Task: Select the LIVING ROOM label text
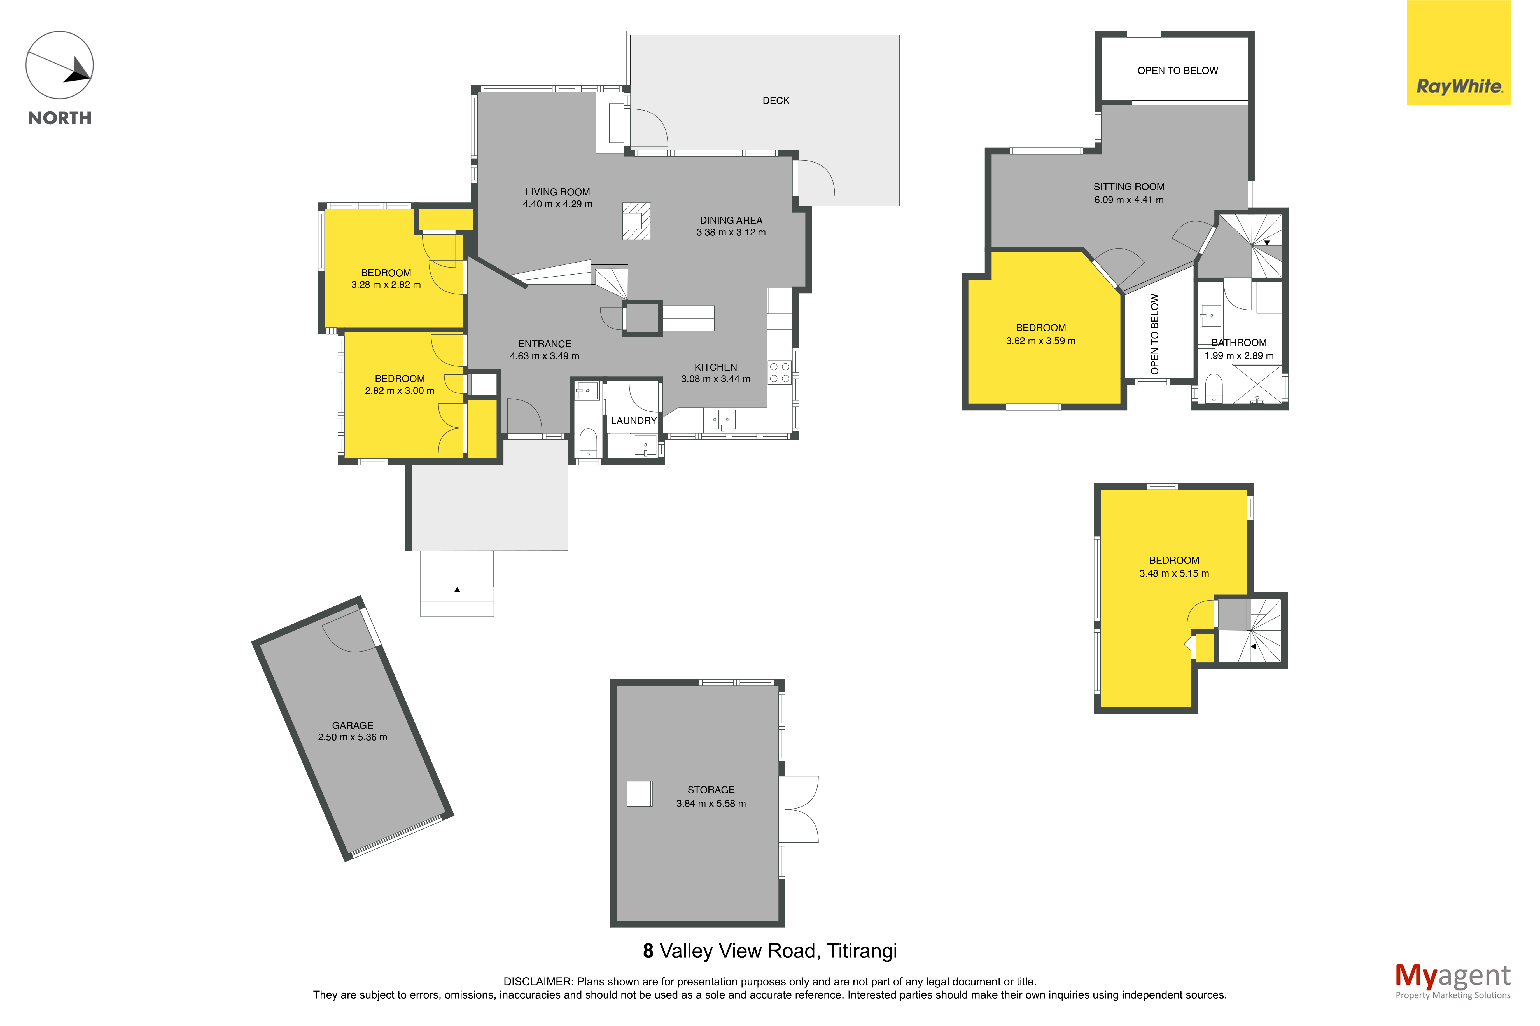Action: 558,192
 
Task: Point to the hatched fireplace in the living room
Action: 636,221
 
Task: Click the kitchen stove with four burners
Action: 780,372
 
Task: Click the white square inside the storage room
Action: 640,794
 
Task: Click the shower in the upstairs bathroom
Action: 1257,384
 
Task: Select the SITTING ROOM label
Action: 1129,186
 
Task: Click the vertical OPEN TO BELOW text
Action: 1154,334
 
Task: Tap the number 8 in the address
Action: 648,951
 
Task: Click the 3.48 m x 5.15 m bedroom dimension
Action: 1174,573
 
